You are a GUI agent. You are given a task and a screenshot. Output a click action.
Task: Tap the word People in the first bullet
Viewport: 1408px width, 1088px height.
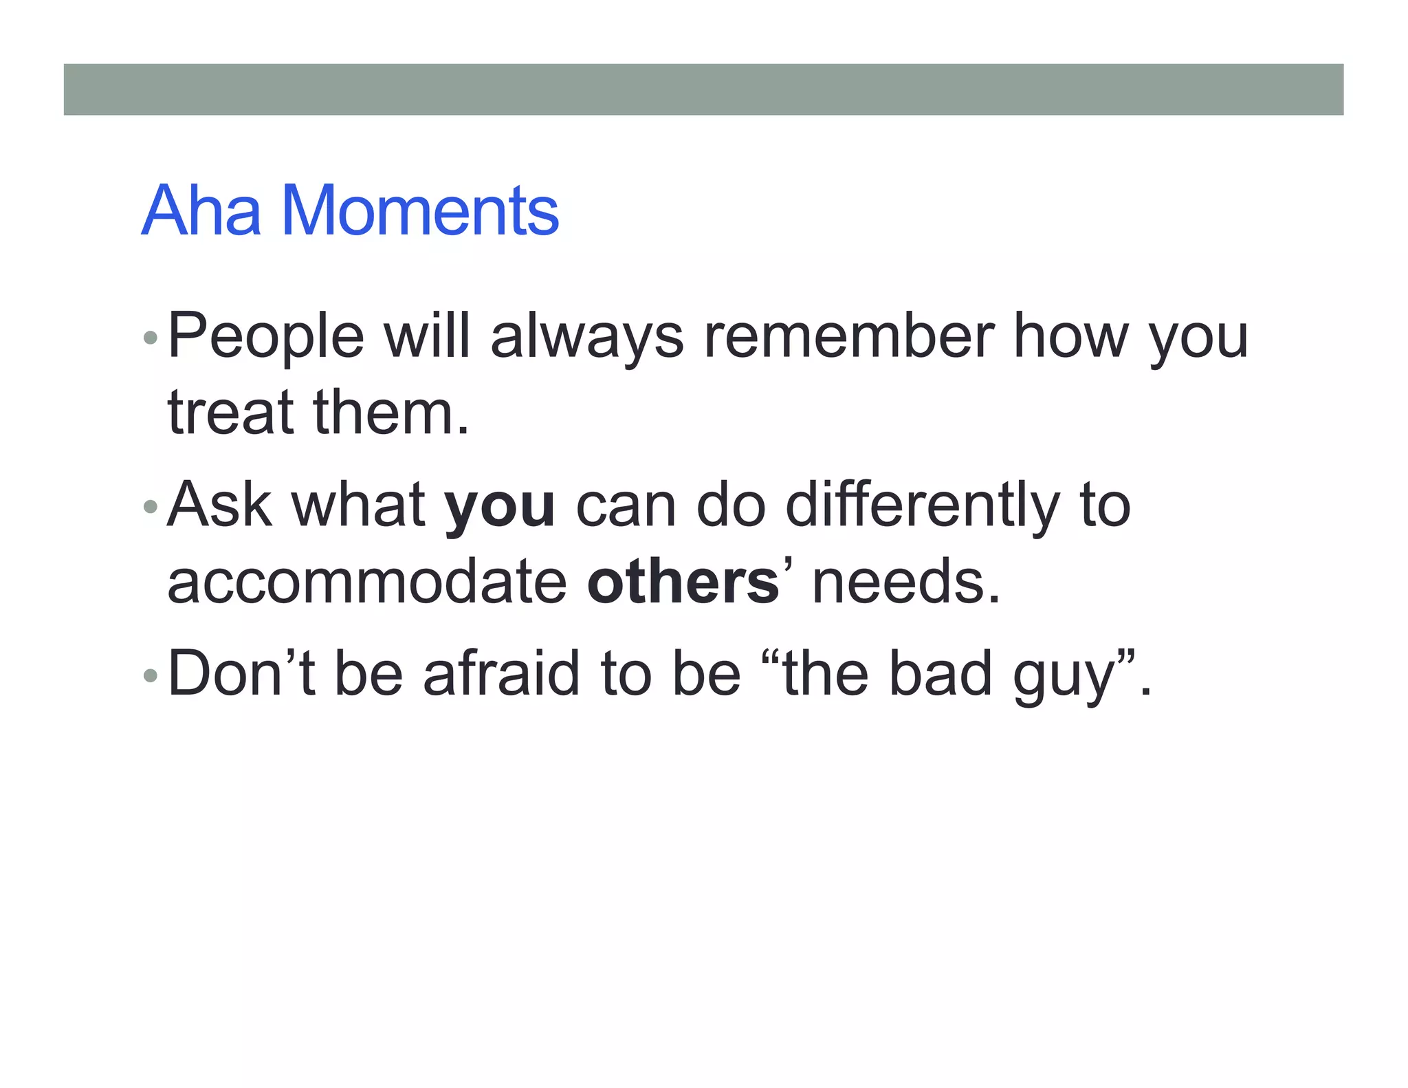265,337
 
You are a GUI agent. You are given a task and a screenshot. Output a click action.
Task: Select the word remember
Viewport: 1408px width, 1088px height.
848,337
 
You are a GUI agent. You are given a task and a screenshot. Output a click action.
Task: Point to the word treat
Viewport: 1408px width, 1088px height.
230,413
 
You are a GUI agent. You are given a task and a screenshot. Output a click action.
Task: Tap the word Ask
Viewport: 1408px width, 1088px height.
219,505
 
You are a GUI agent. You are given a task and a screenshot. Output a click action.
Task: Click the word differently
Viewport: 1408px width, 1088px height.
922,505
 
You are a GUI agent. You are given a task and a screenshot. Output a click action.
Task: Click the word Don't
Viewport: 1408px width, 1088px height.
241,674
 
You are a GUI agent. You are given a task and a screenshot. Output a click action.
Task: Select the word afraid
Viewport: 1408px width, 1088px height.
501,674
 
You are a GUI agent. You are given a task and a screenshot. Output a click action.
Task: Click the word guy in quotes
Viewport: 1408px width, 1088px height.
1063,677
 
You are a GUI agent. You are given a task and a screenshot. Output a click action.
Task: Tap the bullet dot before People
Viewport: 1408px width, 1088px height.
150,338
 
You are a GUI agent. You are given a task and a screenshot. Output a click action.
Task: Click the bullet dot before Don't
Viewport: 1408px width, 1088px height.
150,675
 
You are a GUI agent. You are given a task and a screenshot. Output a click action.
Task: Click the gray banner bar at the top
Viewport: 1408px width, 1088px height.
703,89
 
